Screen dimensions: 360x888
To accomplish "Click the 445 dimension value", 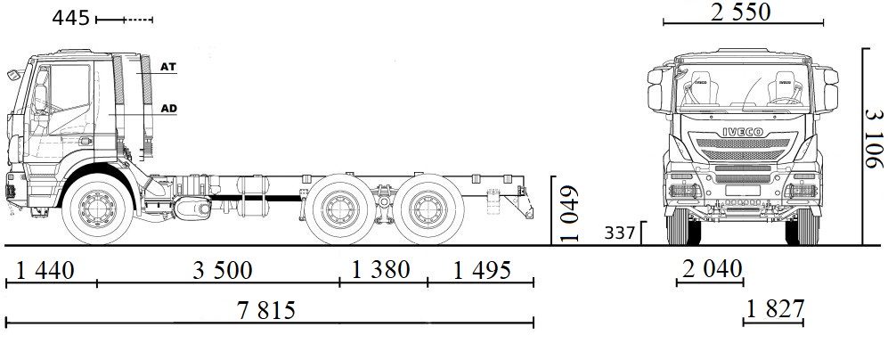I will [x=70, y=17].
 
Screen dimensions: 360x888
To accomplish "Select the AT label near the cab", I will [x=168, y=67].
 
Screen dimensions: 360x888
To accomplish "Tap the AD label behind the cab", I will [x=168, y=109].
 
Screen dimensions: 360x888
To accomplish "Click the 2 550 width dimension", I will [x=740, y=12].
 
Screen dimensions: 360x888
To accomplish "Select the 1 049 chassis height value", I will [x=571, y=214].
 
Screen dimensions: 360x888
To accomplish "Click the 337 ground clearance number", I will [x=621, y=233].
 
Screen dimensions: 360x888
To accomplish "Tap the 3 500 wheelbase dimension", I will [x=223, y=269].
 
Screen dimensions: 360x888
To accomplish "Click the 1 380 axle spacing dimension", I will [x=380, y=269].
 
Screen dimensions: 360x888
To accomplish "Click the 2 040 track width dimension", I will [x=710, y=269].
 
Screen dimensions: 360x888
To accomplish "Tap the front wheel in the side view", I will [x=98, y=211].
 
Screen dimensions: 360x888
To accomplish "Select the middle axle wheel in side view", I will [x=338, y=211].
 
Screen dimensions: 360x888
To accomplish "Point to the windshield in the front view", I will [x=741, y=89].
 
